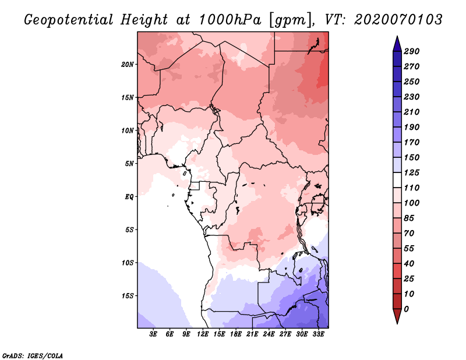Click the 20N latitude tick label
[127, 65]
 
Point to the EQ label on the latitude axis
[129, 197]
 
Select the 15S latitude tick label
[127, 296]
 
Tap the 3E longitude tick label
[153, 334]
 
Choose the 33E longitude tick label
[318, 334]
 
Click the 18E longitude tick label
[236, 334]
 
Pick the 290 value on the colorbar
[412, 51]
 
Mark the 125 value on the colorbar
[412, 172]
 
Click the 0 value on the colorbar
[406, 309]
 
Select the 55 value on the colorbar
[409, 249]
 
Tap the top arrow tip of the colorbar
[397, 36]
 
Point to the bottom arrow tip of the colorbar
[397, 324]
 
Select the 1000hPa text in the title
[230, 20]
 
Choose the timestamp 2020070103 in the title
[398, 20]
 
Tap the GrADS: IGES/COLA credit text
[33, 355]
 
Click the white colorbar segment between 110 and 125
[397, 180]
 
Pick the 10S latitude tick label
[127, 263]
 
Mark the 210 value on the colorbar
[412, 112]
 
